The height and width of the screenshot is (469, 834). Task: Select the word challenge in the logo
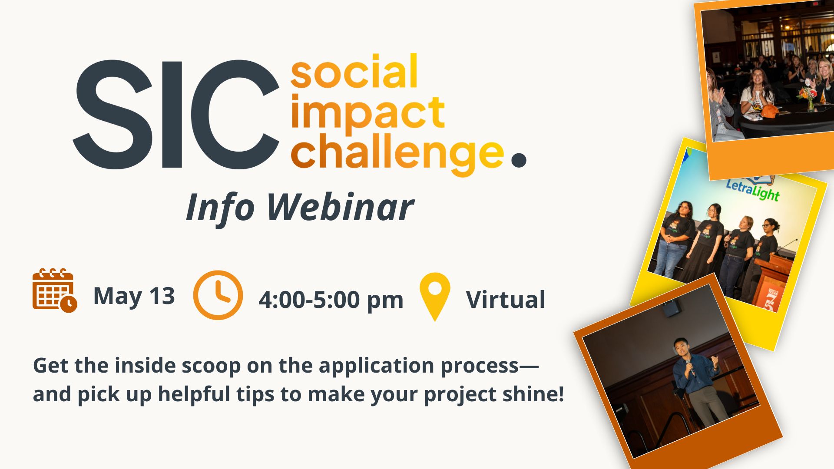[x=397, y=154]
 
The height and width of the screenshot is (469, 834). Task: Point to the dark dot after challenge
[x=519, y=159]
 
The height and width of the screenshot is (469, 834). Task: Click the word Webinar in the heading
[x=339, y=207]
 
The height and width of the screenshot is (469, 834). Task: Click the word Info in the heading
[x=220, y=208]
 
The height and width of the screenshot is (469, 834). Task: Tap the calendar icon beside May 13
[x=55, y=290]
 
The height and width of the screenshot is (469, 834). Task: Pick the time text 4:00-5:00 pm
[x=331, y=300]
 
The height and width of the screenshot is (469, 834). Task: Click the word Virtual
[x=506, y=300]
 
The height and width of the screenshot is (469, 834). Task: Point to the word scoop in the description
[x=211, y=366]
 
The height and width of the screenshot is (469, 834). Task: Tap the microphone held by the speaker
[x=690, y=367]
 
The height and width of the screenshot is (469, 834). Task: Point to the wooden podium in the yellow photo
[x=771, y=282]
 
